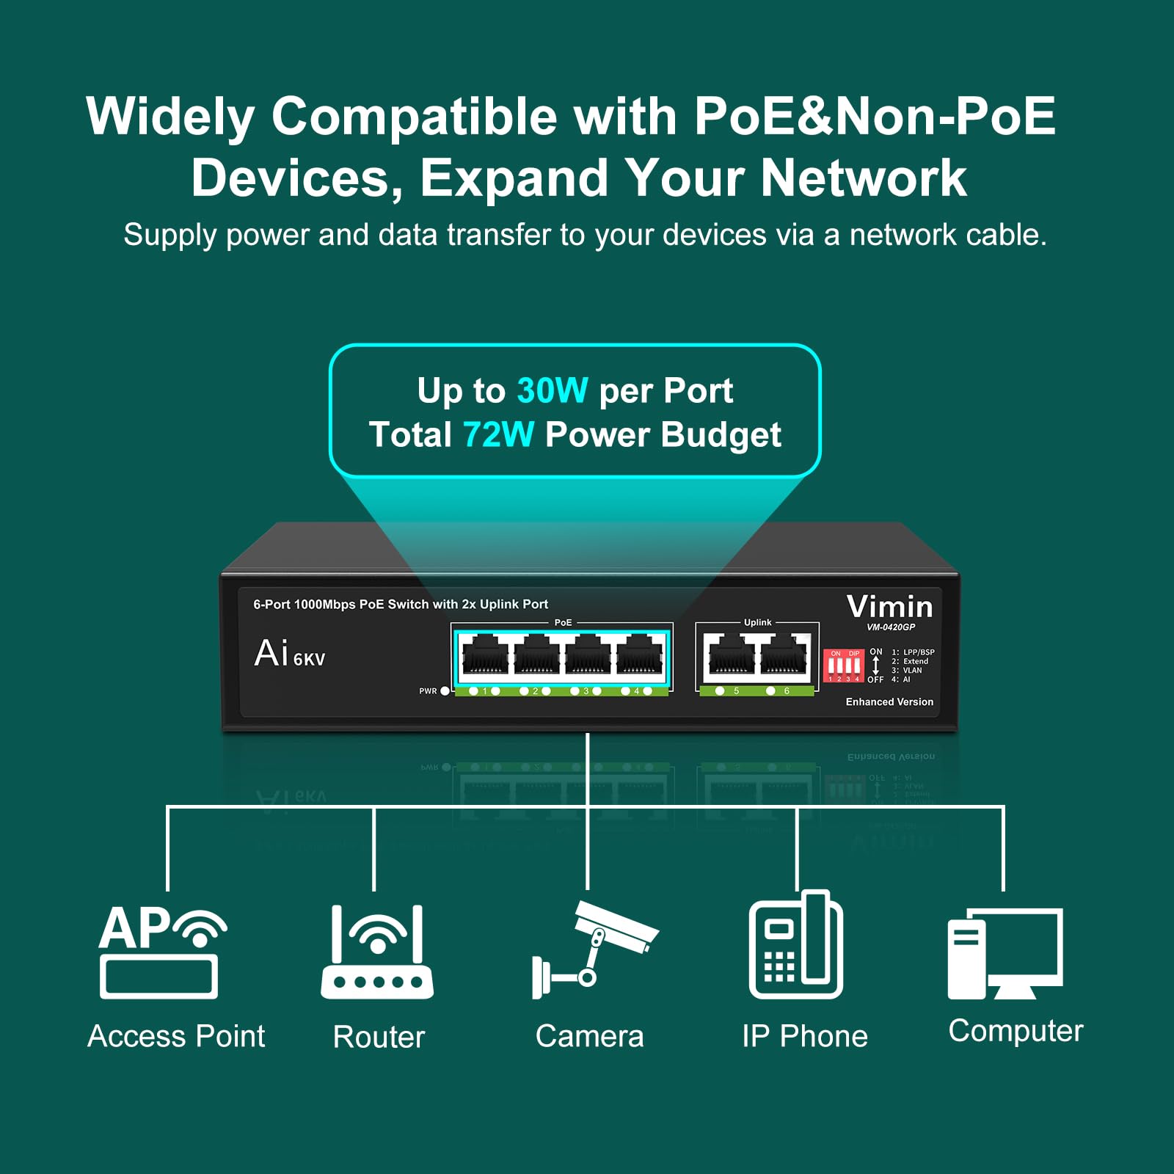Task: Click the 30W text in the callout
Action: point(552,391)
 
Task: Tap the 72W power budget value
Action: point(498,435)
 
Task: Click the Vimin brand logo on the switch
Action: point(889,607)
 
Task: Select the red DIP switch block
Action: point(843,666)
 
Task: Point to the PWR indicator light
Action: point(445,691)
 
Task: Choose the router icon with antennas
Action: point(377,952)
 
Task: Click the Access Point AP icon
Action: point(161,951)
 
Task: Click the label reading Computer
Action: point(1016,1031)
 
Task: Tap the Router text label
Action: point(379,1037)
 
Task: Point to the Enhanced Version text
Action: point(889,702)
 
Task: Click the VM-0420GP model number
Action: point(891,627)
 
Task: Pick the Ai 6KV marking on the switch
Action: point(289,654)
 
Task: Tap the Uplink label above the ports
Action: point(757,622)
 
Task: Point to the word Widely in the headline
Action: point(170,117)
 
